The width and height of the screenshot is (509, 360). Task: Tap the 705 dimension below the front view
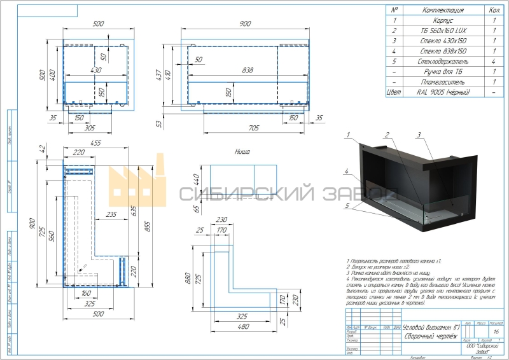coord(253,128)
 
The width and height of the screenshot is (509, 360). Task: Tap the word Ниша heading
coord(242,152)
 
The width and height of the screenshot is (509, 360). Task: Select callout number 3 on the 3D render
coord(419,135)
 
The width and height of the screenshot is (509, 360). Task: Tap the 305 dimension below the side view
coord(90,128)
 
